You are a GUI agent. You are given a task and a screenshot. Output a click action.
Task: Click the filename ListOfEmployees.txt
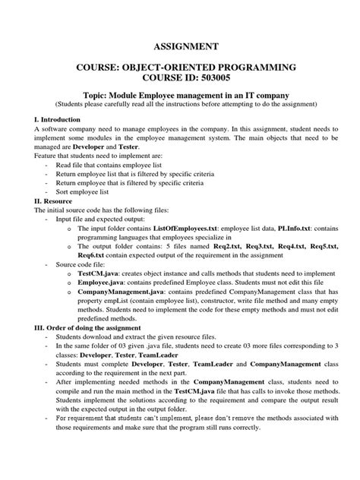point(186,227)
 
